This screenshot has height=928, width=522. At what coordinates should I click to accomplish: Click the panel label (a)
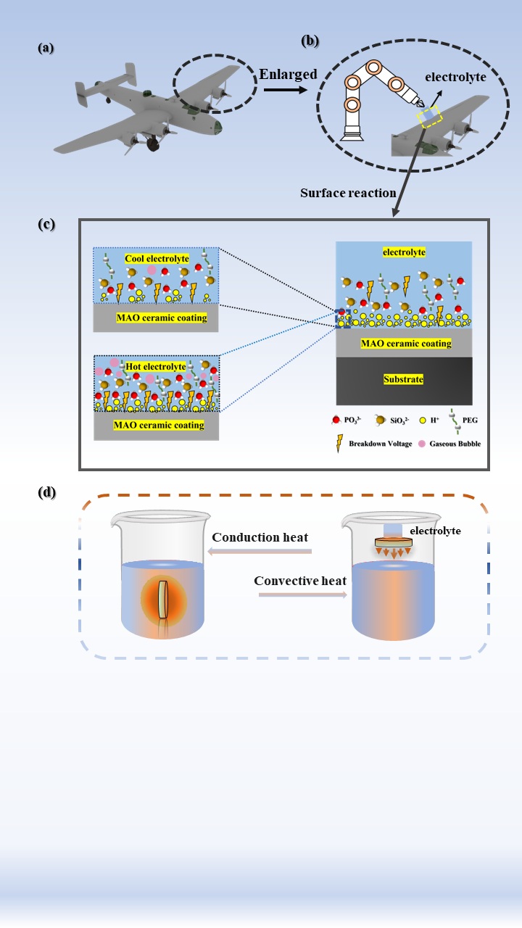tap(46, 49)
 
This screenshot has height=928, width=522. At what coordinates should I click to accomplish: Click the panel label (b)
tap(310, 41)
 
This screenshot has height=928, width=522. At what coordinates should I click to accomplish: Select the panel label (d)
tap(46, 493)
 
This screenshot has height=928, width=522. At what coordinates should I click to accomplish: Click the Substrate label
tap(405, 379)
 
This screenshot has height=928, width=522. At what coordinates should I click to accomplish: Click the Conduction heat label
tap(261, 537)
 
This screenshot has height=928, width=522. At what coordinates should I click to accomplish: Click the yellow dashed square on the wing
tap(428, 116)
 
